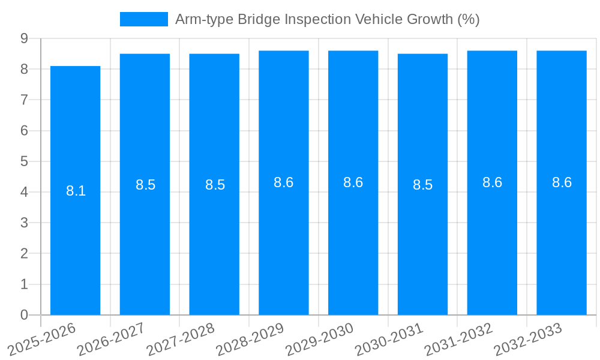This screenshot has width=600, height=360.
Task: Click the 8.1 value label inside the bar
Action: click(x=76, y=191)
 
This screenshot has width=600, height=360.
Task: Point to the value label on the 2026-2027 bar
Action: click(x=145, y=185)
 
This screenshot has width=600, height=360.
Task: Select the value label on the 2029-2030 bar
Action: click(x=353, y=183)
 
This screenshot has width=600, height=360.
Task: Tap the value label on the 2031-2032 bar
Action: click(x=492, y=183)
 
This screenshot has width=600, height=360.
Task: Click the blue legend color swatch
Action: click(x=144, y=19)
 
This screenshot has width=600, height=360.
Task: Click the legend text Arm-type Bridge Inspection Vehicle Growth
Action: click(x=327, y=19)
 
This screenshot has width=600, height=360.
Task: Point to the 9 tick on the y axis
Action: click(x=24, y=38)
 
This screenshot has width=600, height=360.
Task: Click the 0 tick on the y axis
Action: click(x=24, y=315)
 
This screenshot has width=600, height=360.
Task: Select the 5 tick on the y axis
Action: click(x=24, y=161)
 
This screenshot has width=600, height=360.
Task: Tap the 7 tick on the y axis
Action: click(x=24, y=100)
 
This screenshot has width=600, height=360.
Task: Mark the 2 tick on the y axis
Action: click(x=24, y=254)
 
